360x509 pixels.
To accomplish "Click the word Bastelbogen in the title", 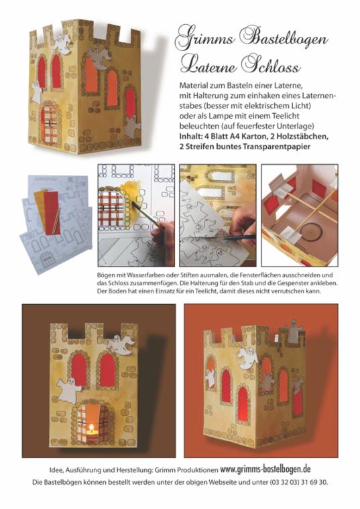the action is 284,40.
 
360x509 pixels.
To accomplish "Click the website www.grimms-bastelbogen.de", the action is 265,469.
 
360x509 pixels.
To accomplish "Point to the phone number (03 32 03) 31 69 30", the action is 298,482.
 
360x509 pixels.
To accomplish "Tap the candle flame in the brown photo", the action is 91,427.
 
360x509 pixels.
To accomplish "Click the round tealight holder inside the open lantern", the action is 310,231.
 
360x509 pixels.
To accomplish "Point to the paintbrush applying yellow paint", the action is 145,214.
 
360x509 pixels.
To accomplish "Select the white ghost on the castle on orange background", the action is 247,358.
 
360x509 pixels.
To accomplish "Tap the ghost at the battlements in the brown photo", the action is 121,345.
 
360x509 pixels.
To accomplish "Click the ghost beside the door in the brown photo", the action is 68,390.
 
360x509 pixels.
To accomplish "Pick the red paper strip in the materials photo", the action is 52,212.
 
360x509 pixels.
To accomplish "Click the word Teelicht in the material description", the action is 284,116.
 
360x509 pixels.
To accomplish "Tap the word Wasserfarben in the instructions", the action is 141,275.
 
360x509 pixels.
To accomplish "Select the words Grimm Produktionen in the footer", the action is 186,469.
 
